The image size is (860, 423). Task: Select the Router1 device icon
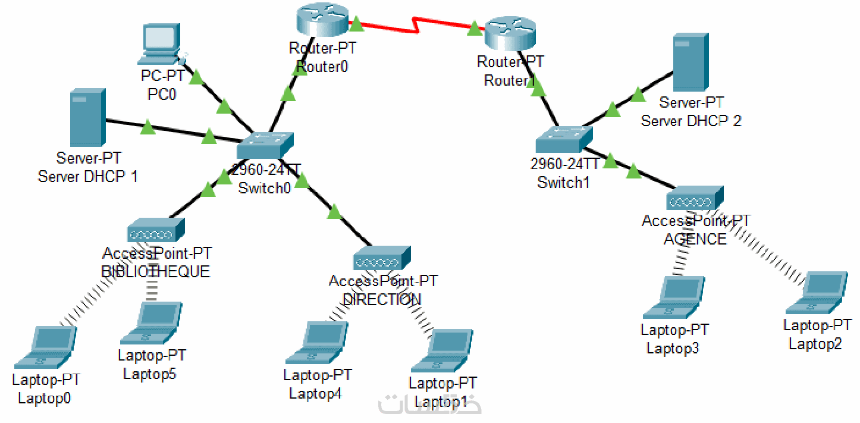tap(511, 35)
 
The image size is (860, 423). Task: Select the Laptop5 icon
tap(152, 324)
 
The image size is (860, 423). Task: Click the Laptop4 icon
tap(316, 343)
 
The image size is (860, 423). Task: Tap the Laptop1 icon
tap(443, 351)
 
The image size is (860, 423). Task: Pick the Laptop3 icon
tap(674, 297)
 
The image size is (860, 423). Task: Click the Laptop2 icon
tap(817, 293)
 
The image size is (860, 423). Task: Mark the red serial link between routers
tap(416, 26)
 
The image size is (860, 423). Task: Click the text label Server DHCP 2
tap(691, 121)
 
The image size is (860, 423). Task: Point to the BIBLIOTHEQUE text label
tap(156, 272)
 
